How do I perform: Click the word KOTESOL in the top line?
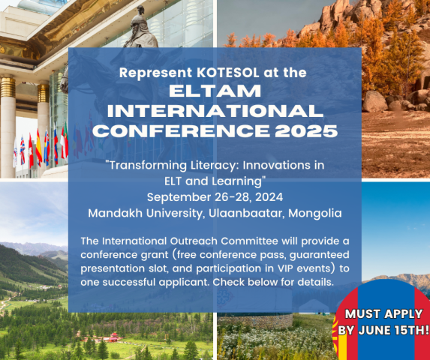(228, 73)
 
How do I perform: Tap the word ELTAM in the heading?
(215, 91)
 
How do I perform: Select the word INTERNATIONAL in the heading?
(215, 111)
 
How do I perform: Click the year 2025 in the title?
(306, 130)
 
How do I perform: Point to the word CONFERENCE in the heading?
(182, 130)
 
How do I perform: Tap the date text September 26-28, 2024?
(215, 197)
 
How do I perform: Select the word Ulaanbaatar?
(245, 213)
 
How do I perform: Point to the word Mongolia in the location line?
(315, 214)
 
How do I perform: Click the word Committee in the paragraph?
(250, 241)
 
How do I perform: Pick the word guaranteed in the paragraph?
(320, 255)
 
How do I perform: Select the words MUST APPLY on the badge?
(383, 313)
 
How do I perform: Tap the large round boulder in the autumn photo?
(374, 101)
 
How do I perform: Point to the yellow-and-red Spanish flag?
(39, 148)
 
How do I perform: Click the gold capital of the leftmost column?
(8, 87)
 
